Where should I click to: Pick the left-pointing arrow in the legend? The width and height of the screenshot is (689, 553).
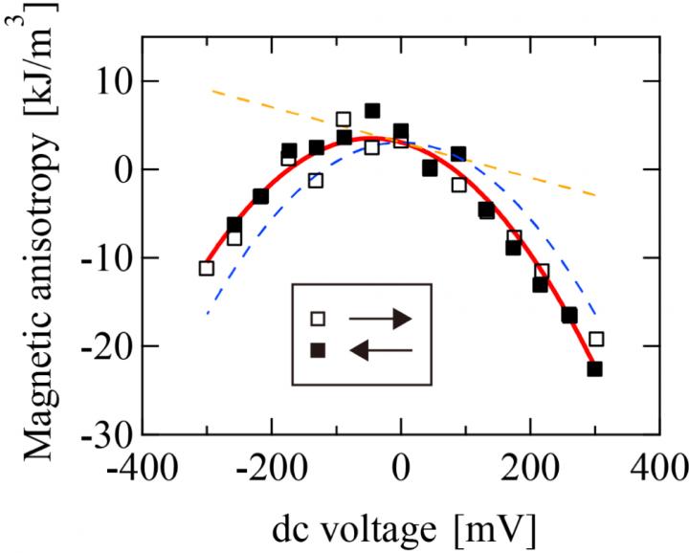click(381, 350)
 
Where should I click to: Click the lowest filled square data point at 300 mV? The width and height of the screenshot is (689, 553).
click(595, 368)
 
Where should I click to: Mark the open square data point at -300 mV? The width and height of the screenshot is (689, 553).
click(206, 268)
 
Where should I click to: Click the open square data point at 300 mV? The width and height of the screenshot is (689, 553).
click(596, 339)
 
